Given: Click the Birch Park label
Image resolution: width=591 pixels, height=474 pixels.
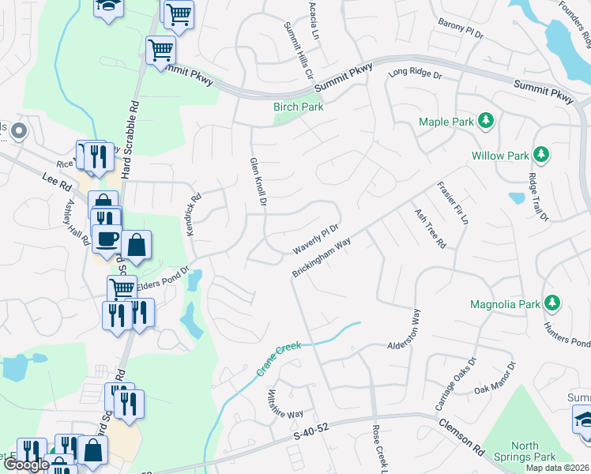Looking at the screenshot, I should tap(298, 107).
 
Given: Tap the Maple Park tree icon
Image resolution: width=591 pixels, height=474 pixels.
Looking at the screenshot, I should tap(487, 121).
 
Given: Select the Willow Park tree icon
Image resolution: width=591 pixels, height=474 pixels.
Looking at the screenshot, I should tap(541, 154).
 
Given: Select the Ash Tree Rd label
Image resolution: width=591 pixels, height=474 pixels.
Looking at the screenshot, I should tap(431, 229).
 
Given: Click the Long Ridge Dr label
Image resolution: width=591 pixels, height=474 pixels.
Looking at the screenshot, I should tap(414, 73).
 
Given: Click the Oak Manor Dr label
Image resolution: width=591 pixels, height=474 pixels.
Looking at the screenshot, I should tap(495, 380).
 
